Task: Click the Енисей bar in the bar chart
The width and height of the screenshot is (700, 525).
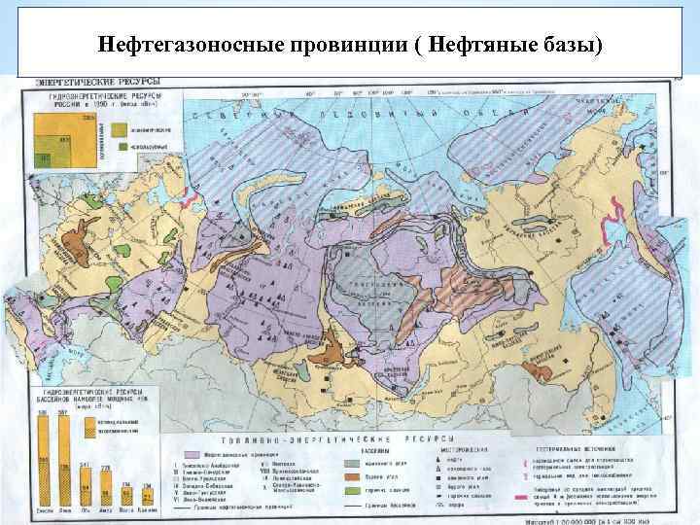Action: click(x=44, y=456)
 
